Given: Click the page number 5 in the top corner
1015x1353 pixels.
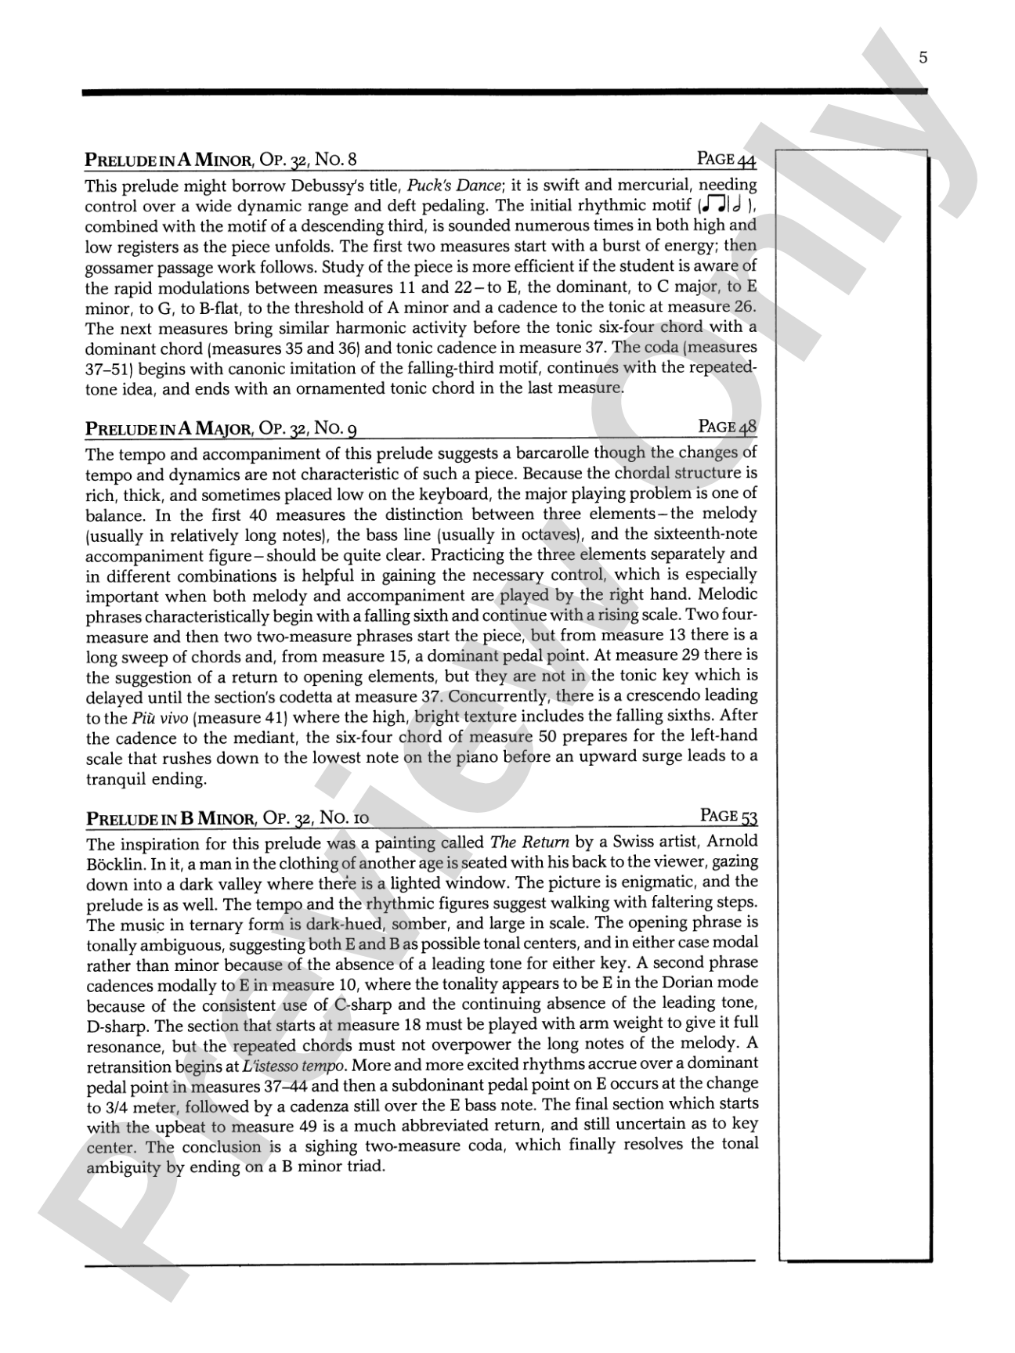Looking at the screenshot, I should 923,57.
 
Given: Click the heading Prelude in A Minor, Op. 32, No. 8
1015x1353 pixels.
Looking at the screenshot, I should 220,161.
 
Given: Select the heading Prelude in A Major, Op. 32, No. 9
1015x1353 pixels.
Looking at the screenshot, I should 222,428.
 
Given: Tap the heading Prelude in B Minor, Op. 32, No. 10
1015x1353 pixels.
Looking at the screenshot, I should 227,818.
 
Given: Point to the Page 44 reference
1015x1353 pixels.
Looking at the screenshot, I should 726,159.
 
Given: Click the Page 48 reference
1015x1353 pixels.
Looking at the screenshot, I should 727,427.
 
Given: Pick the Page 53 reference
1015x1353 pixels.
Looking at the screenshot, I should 728,816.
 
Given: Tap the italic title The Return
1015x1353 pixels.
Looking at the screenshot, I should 529,842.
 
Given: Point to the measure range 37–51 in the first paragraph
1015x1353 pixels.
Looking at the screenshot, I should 114,368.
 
